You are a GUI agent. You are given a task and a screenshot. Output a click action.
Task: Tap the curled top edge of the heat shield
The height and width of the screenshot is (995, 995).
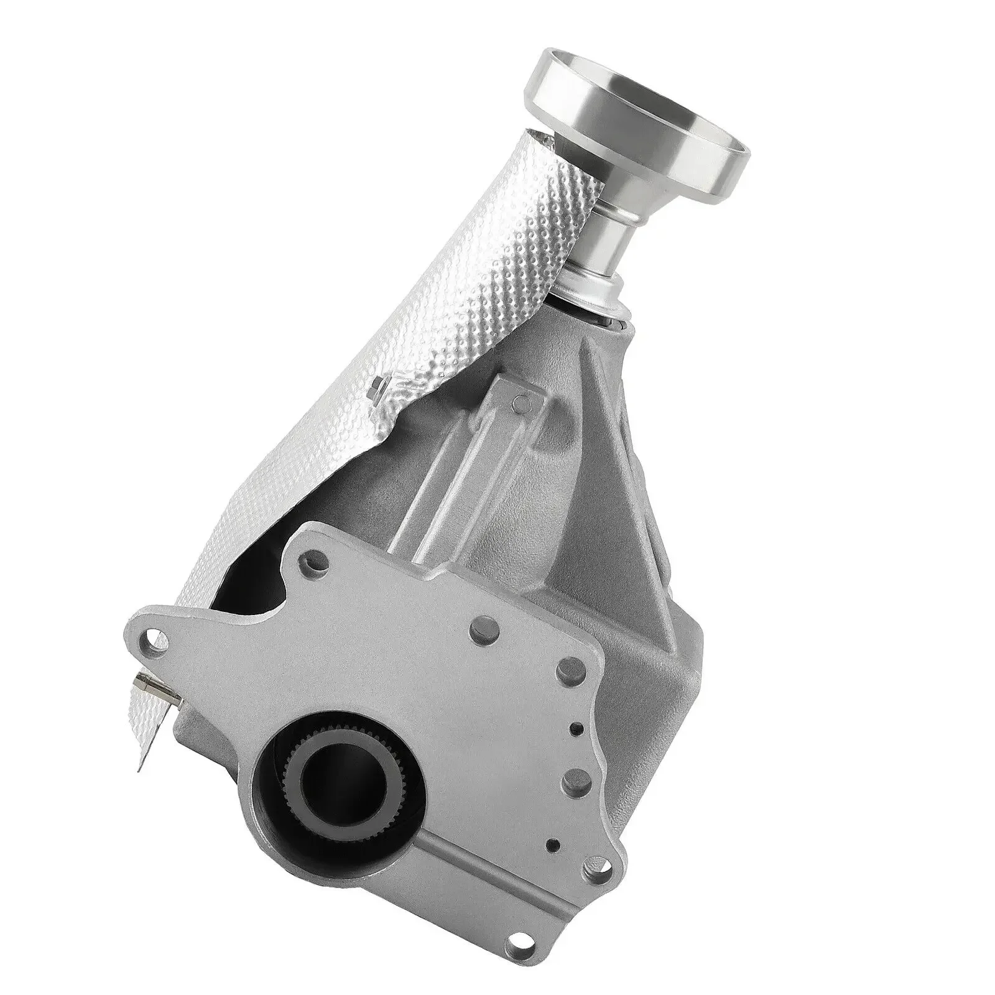point(535,138)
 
